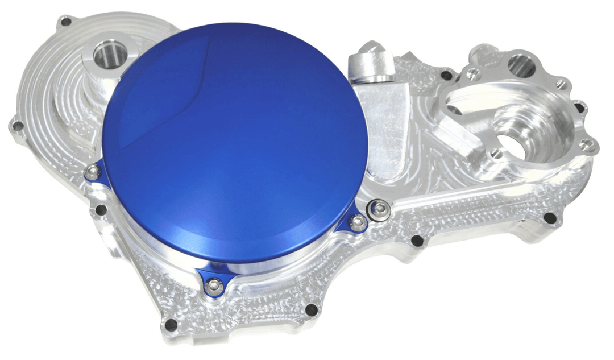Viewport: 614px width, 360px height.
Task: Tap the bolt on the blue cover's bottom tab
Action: pyautogui.click(x=214, y=284)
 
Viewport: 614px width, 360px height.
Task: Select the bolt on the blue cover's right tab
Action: pyautogui.click(x=358, y=222)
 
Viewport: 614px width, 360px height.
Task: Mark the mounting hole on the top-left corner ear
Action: pyautogui.click(x=67, y=22)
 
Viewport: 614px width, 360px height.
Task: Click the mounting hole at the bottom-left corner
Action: pyautogui.click(x=170, y=326)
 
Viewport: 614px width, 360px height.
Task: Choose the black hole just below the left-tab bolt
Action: pyautogui.click(x=101, y=210)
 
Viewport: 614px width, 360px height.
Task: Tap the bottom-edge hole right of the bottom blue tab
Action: pyautogui.click(x=312, y=310)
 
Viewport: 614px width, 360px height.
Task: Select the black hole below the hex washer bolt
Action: pyautogui.click(x=417, y=241)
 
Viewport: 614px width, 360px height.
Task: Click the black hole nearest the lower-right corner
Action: pyautogui.click(x=549, y=217)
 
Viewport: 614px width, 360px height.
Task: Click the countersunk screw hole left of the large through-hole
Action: pyautogui.click(x=496, y=153)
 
